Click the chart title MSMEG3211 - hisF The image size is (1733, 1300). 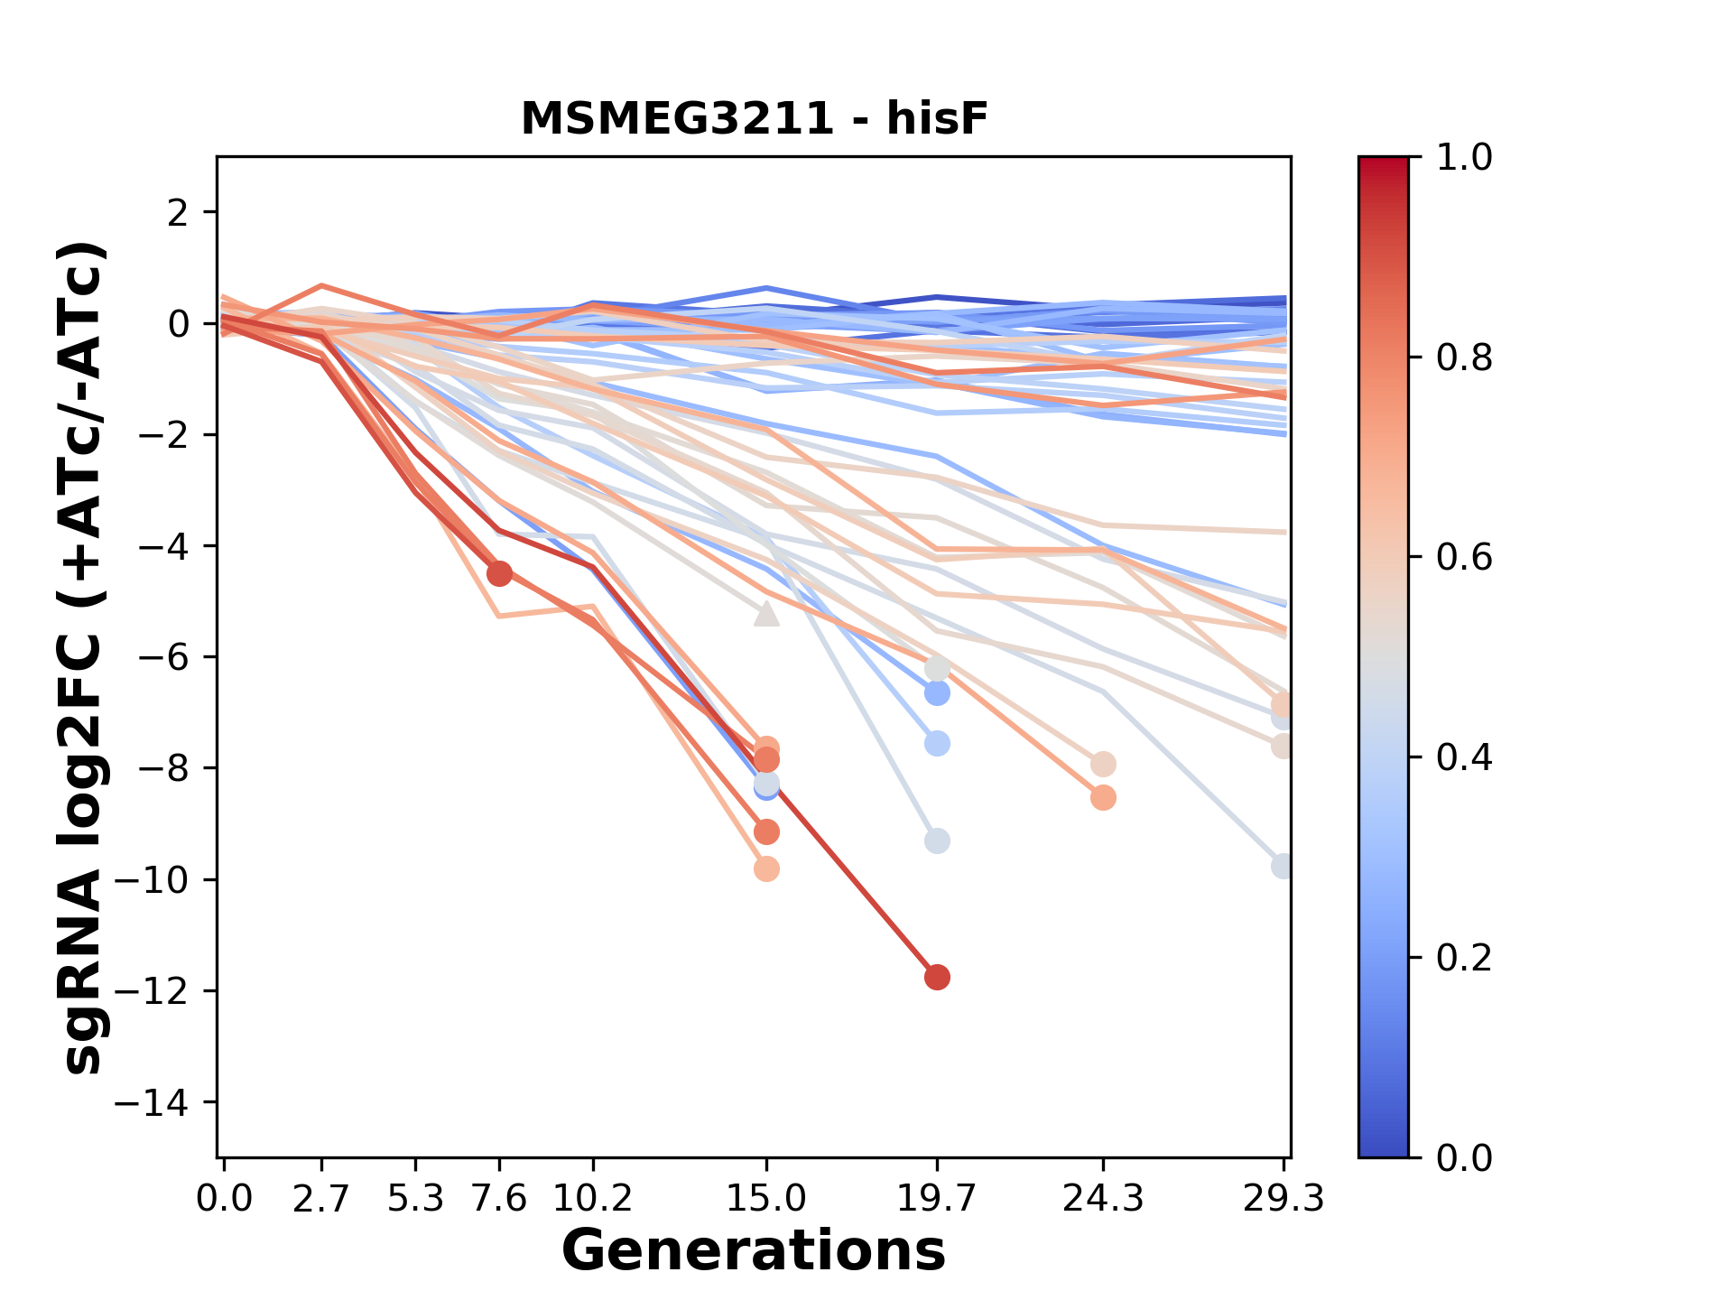(754, 118)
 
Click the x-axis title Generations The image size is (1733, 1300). (754, 1251)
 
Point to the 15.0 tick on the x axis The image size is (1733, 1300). (766, 1199)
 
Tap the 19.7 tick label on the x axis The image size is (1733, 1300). (937, 1199)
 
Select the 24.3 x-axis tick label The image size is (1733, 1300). (1103, 1199)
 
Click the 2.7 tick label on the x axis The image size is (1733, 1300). (321, 1199)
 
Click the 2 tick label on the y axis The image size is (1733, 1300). (180, 212)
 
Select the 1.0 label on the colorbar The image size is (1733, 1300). (1464, 158)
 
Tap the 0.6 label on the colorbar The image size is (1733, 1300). (1464, 557)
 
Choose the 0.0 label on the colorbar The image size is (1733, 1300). (1464, 1157)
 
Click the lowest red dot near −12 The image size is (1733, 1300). (937, 977)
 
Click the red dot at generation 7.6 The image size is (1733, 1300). (499, 573)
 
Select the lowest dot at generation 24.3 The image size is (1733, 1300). (1103, 797)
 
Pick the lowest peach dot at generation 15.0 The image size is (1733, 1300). (766, 868)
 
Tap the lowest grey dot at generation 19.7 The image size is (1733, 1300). (937, 840)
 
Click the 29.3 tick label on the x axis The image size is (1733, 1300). (1283, 1199)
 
